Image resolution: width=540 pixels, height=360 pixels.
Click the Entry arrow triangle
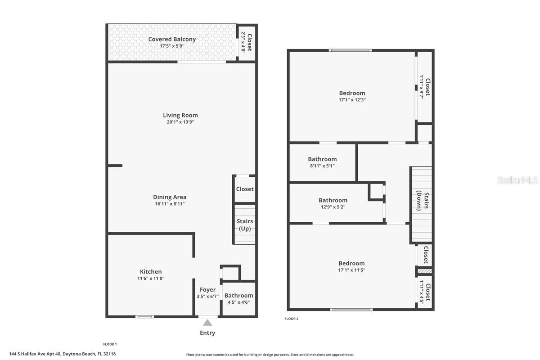(x=207, y=323)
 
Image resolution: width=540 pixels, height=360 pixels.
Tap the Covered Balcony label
(x=172, y=39)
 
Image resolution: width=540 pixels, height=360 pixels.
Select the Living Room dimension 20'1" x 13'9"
(x=180, y=122)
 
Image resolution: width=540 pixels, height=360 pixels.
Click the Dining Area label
(x=170, y=197)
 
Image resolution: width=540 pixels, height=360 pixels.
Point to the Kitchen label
(x=151, y=272)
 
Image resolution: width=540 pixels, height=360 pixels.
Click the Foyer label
(x=207, y=290)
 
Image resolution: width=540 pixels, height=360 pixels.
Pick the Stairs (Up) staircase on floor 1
(x=245, y=224)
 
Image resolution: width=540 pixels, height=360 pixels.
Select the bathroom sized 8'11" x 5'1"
(x=322, y=162)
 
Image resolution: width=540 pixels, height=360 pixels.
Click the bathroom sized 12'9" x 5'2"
(x=333, y=203)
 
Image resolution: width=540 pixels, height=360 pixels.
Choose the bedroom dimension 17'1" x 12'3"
(x=352, y=100)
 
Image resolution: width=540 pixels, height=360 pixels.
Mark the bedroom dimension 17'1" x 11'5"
(x=352, y=270)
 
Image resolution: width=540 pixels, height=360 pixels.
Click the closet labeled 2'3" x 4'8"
(x=247, y=42)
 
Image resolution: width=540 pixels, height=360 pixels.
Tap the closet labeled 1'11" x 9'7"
(x=425, y=87)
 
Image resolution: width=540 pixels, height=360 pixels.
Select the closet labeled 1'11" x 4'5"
(x=425, y=292)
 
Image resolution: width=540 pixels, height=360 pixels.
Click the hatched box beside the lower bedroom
(x=425, y=271)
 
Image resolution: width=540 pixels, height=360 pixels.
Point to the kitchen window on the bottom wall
(x=144, y=316)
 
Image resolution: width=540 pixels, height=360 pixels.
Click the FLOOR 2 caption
(x=291, y=319)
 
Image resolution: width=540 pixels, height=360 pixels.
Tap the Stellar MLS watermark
(x=517, y=180)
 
